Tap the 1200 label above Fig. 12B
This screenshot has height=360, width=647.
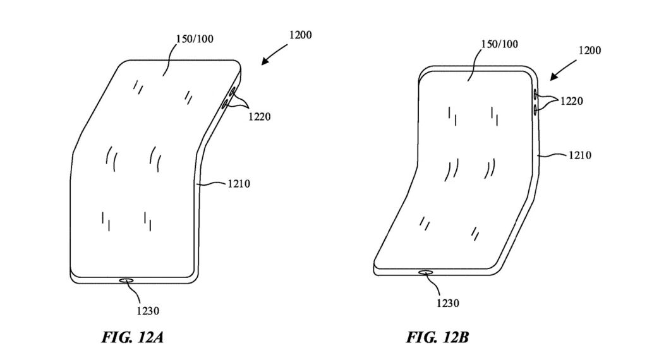(588, 49)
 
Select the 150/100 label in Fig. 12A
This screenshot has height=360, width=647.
(194, 39)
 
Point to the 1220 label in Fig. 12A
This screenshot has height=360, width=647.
(260, 116)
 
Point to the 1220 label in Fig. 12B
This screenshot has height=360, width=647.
(571, 101)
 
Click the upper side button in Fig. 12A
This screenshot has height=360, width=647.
(232, 92)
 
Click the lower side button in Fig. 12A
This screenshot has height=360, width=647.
(226, 105)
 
